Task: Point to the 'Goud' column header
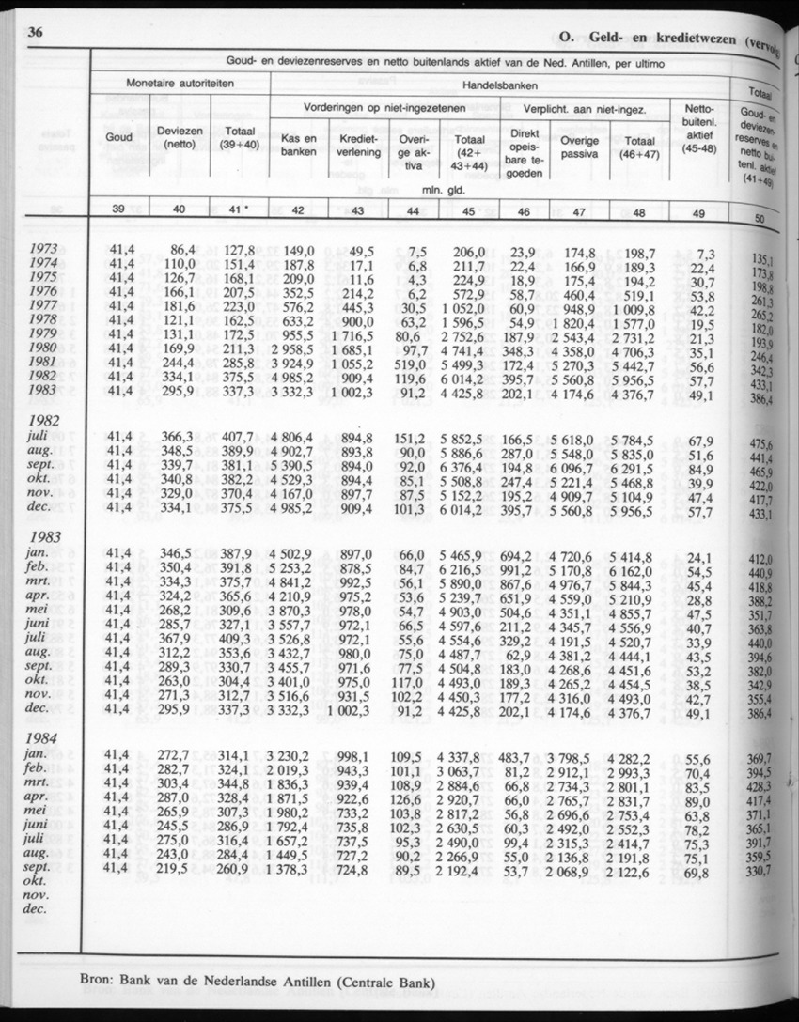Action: point(119,140)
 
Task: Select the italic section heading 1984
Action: point(46,737)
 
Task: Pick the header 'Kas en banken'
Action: point(298,146)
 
